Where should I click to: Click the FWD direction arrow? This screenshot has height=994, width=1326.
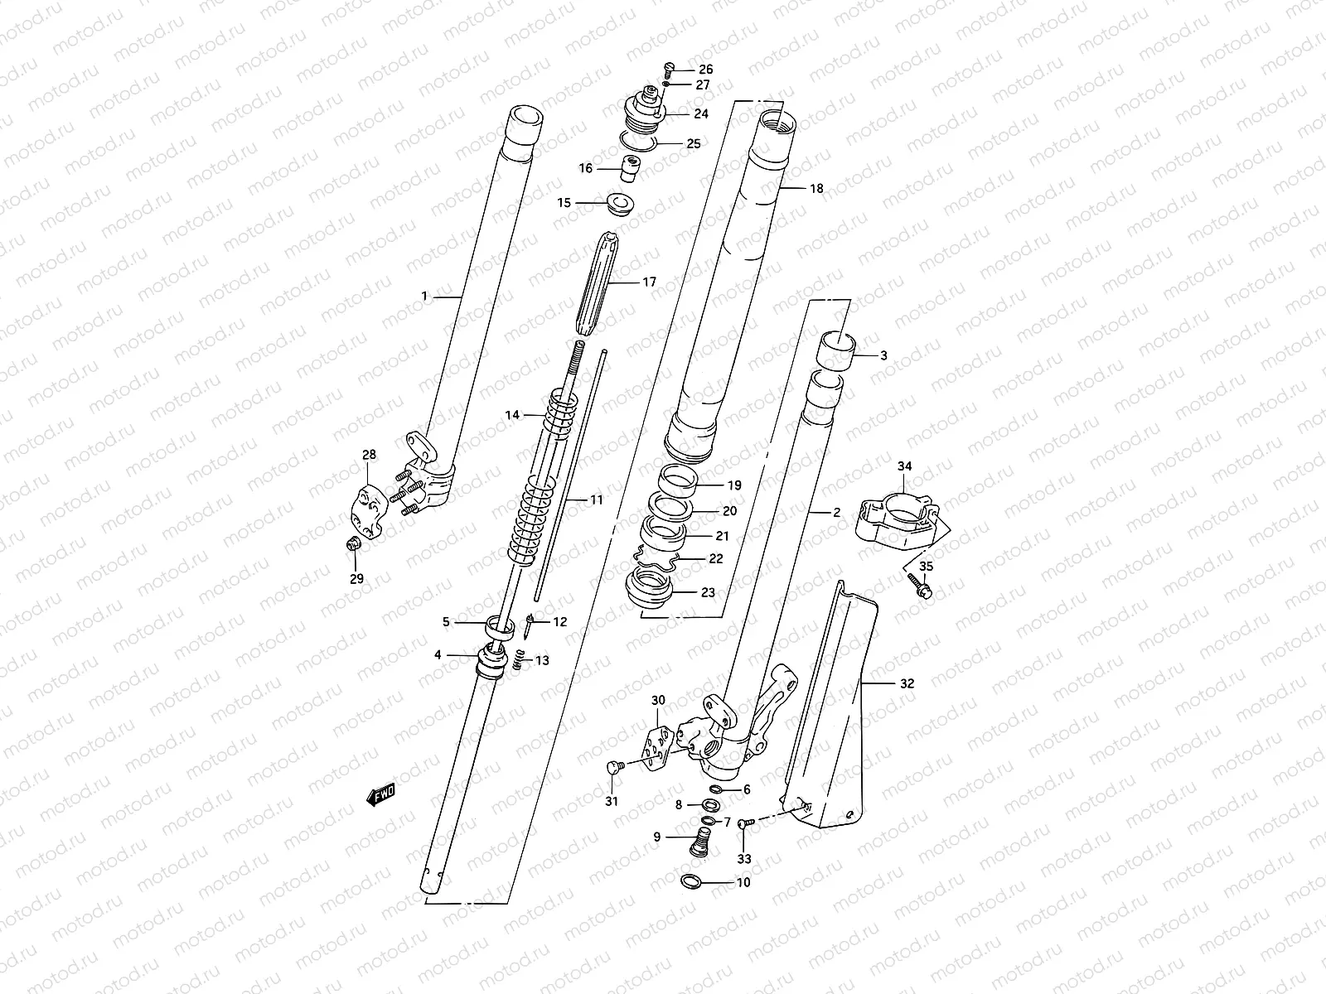380,795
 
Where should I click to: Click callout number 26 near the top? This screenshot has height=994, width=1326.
705,70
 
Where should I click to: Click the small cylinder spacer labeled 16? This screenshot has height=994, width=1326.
632,167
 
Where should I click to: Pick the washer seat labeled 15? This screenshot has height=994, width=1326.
617,202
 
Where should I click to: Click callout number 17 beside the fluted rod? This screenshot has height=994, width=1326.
649,282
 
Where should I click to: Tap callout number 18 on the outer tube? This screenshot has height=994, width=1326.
816,189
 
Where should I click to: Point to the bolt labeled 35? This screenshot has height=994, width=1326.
920,584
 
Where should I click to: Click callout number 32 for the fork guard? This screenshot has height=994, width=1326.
907,684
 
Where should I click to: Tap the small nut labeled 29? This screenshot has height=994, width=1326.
351,543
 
